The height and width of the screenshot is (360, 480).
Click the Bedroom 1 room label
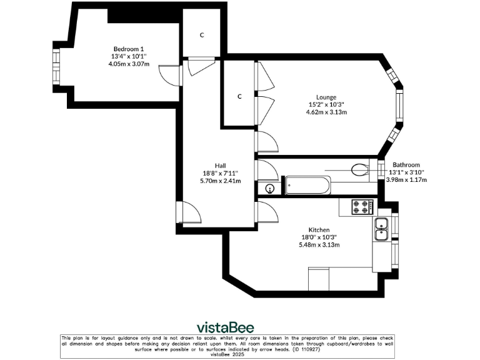point(129,49)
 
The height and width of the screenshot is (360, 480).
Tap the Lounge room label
point(326,97)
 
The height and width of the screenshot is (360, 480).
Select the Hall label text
point(221,166)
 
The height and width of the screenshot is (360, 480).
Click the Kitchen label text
point(319,230)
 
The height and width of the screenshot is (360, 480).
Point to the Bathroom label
point(406,165)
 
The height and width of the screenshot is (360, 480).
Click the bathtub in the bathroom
point(308,185)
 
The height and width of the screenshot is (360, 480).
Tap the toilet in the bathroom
point(360,170)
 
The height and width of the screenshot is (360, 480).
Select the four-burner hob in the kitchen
point(362,207)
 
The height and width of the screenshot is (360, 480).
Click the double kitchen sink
point(381,229)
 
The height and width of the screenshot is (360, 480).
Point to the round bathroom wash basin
point(270,189)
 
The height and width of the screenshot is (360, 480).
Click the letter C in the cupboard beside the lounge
point(239,96)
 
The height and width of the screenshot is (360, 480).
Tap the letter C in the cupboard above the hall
point(202,35)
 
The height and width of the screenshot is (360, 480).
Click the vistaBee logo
point(225,327)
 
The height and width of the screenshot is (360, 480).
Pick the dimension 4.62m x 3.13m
point(327,112)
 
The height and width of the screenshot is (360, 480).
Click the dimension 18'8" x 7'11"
point(220,173)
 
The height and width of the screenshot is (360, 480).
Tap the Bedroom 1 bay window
point(56,67)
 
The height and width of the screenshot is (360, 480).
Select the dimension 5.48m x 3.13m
point(319,245)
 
